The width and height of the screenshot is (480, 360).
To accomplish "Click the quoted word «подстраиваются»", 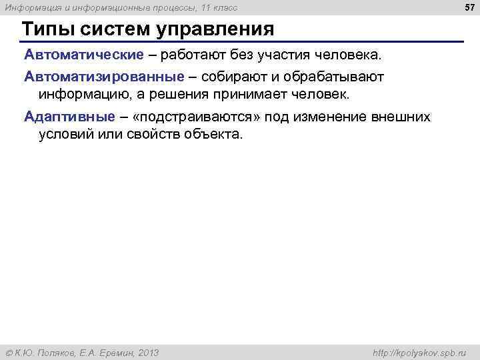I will pos(188,117).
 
